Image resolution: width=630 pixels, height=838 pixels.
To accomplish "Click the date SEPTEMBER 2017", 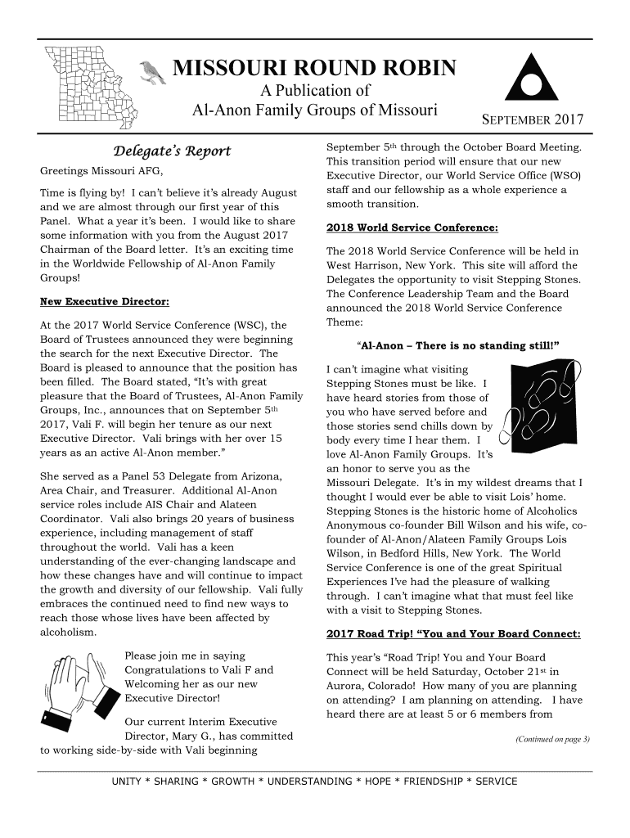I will pos(532,121).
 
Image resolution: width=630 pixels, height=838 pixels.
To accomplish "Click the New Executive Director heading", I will pos(105,302).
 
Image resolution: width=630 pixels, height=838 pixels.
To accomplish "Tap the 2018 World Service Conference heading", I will pos(412,227).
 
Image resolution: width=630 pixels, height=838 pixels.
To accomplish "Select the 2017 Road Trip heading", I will pos(453,634).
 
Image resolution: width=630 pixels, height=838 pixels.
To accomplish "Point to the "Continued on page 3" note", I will pos(552,740).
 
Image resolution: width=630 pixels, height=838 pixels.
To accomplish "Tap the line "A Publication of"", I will pos(315,91).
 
